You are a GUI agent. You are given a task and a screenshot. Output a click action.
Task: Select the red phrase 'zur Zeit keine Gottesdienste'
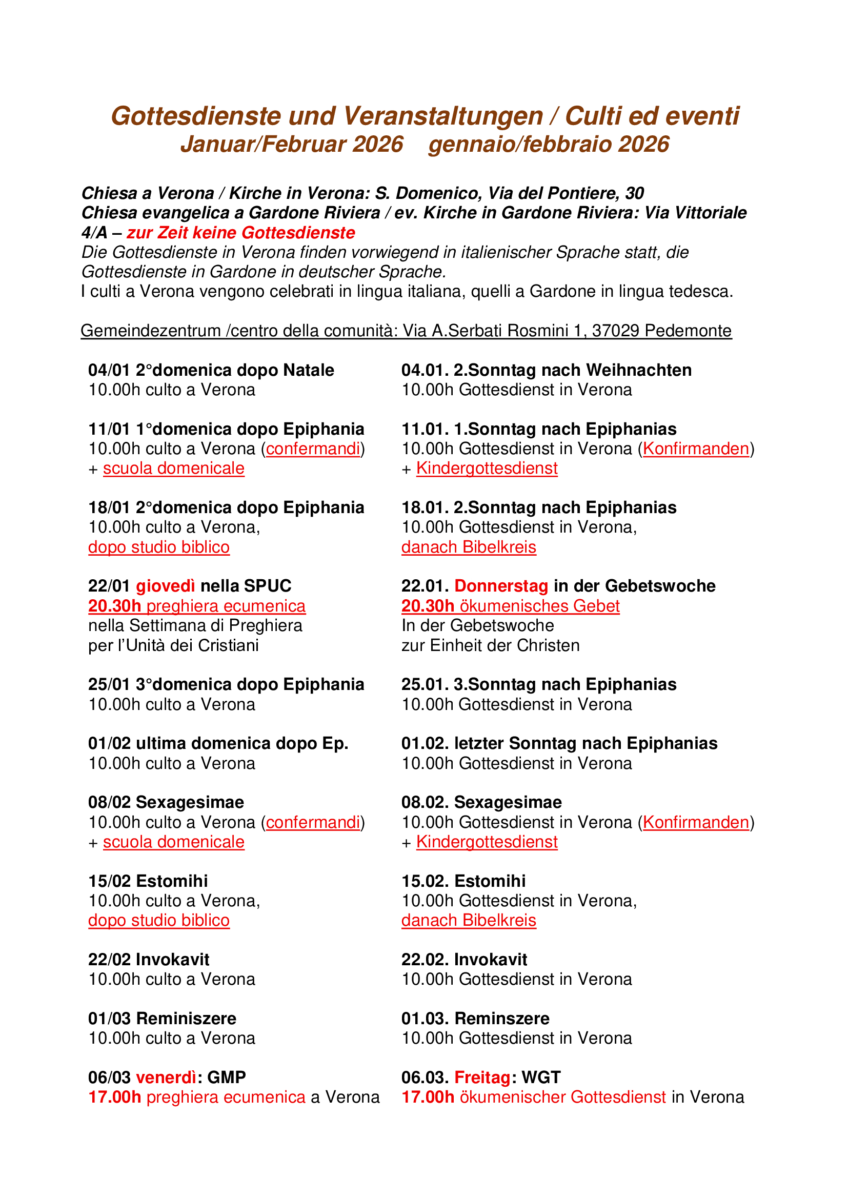pyautogui.click(x=241, y=232)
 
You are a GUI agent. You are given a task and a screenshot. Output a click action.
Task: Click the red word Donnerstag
pyautogui.click(x=501, y=586)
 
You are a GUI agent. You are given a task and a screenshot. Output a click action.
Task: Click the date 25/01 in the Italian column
pyautogui.click(x=109, y=684)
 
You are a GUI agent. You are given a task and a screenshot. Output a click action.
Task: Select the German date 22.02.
pyautogui.click(x=425, y=959)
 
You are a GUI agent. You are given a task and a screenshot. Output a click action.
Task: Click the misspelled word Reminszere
pyautogui.click(x=502, y=1019)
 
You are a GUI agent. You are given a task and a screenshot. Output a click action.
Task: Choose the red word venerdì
pyautogui.click(x=167, y=1078)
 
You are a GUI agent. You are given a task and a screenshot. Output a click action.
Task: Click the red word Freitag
pyautogui.click(x=482, y=1078)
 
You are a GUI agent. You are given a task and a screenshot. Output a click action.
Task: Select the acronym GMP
pyautogui.click(x=226, y=1078)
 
